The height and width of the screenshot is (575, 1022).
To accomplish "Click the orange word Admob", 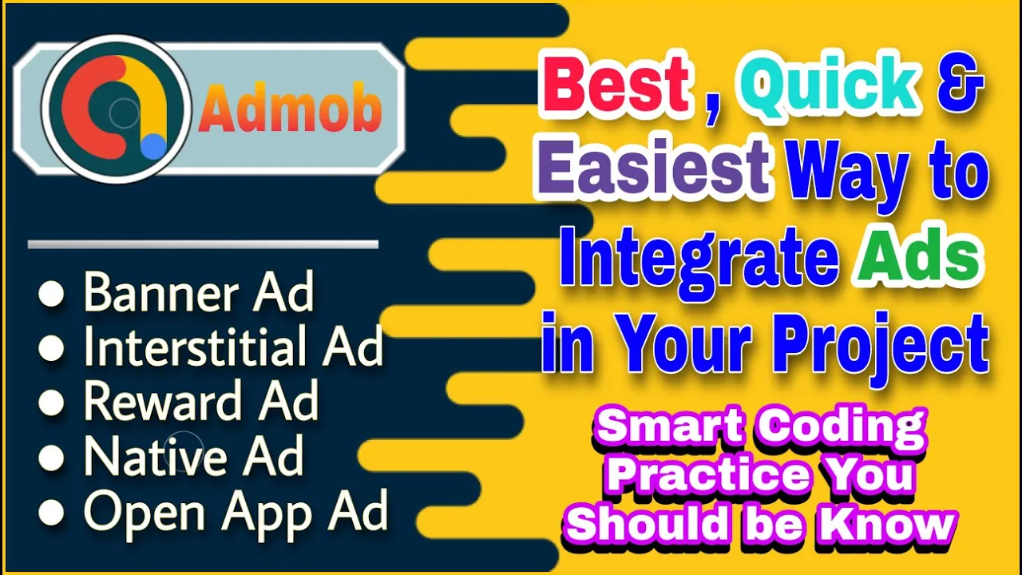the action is [290, 109].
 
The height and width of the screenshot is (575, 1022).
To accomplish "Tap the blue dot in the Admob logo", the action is [154, 146].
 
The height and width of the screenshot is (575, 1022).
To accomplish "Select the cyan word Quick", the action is [833, 85].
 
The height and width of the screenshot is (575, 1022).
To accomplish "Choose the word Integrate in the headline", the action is [699, 261].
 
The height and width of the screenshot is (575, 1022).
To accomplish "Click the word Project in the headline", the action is [880, 346].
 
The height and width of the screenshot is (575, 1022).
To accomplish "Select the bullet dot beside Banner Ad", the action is [51, 293].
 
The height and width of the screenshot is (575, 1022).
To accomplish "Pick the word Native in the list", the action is [155, 455].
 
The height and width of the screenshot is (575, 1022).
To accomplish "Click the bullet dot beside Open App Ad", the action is [51, 512].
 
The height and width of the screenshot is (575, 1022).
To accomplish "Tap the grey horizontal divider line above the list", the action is [203, 244].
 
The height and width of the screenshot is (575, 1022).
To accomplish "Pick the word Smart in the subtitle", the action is [670, 426].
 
